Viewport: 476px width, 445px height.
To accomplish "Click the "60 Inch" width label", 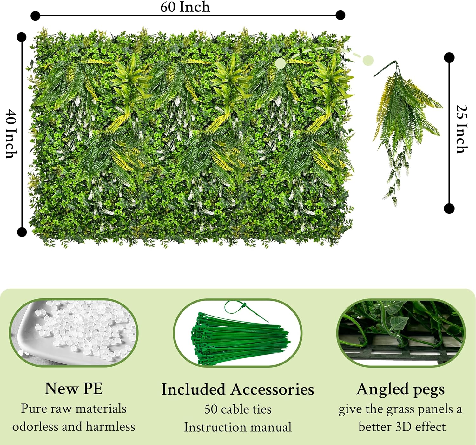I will click(x=185, y=7).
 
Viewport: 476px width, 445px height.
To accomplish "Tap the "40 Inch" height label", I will click(x=11, y=134).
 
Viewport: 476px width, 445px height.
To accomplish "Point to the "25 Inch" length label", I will click(x=462, y=129).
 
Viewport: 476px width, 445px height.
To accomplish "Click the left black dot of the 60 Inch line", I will click(x=35, y=15).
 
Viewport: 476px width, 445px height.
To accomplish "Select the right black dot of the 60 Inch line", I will click(x=340, y=15).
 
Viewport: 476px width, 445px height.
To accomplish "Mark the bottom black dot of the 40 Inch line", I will click(x=22, y=232).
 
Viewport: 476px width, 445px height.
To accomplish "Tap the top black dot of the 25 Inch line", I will click(x=449, y=57).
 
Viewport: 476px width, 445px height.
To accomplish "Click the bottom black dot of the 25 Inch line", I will click(x=449, y=208).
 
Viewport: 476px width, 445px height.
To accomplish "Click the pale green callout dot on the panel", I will click(x=280, y=63).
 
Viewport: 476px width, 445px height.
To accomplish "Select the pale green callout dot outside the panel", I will click(x=368, y=60).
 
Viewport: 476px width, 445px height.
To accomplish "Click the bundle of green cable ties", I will click(x=238, y=336).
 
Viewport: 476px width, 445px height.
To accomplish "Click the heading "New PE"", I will click(x=74, y=388).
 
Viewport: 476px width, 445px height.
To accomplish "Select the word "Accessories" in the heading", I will click(x=272, y=389).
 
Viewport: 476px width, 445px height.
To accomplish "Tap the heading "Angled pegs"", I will click(x=400, y=389).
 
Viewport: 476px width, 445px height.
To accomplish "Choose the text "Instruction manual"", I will click(x=238, y=427).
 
